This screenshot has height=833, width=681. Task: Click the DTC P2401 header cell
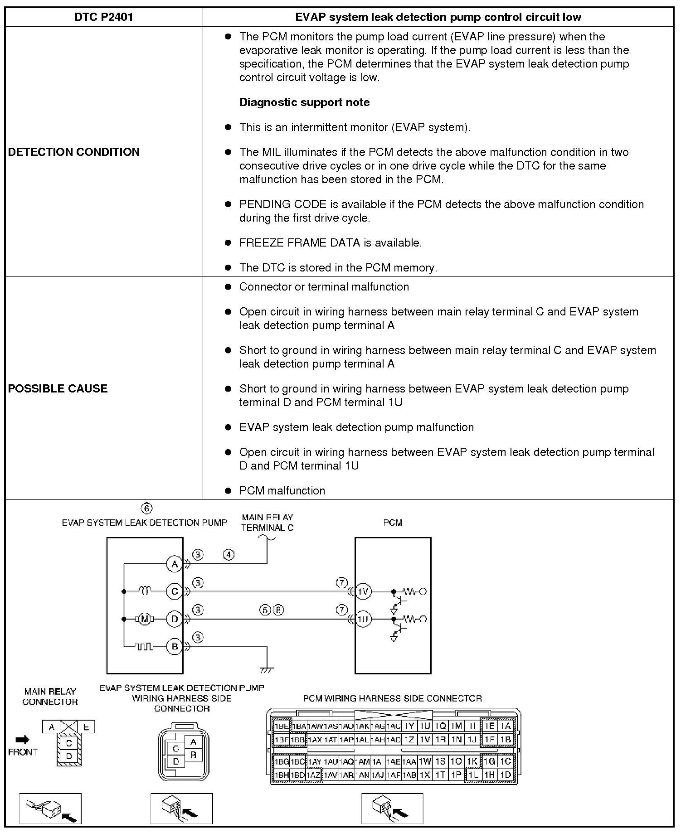(x=104, y=17)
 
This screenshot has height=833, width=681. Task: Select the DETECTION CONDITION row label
(x=74, y=152)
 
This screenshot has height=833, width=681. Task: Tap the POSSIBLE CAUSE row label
(x=58, y=388)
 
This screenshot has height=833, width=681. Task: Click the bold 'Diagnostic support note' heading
(x=304, y=102)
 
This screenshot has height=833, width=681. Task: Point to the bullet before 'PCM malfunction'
(x=228, y=490)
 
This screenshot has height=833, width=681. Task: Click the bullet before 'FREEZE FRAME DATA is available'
(x=228, y=243)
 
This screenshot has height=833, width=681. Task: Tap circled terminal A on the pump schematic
(x=175, y=564)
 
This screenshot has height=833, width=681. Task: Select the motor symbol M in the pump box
(x=145, y=619)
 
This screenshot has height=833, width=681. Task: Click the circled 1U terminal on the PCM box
(x=363, y=619)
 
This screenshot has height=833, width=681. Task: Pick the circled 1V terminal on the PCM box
(x=363, y=591)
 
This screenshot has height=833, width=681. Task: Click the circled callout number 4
(x=229, y=554)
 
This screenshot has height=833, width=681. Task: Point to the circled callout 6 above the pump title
(x=147, y=509)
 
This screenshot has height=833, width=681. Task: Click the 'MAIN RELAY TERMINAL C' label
(x=268, y=523)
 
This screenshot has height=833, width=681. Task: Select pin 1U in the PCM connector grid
(x=425, y=726)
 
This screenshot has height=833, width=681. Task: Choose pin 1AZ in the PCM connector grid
(x=314, y=775)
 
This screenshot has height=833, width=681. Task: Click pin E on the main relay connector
(x=86, y=727)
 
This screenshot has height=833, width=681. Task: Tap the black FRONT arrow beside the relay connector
(x=22, y=740)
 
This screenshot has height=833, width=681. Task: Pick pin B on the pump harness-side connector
(x=194, y=755)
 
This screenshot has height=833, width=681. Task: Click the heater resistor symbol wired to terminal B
(x=145, y=647)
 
